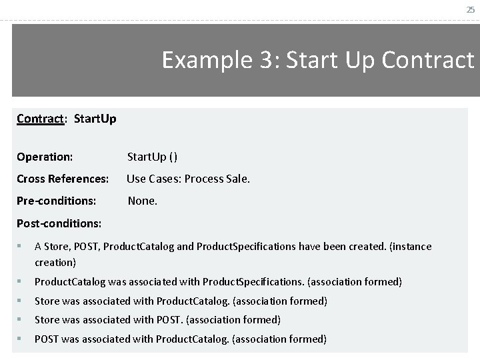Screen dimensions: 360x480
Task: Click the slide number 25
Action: pyautogui.click(x=470, y=9)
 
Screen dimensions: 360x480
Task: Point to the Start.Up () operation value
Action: pyautogui.click(x=152, y=157)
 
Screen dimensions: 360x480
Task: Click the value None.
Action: pyautogui.click(x=143, y=199)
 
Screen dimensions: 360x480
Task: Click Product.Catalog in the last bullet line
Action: pyautogui.click(x=193, y=339)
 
